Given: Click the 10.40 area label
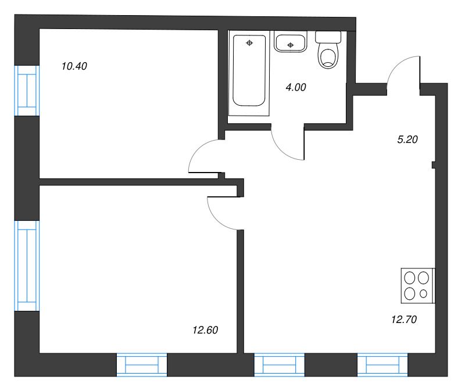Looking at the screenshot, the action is [74, 66].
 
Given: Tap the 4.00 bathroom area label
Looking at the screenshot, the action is [296, 87].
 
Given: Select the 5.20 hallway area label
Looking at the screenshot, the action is [407, 139].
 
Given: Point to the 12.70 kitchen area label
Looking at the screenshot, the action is [404, 320].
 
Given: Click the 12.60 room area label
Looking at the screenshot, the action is [205, 330].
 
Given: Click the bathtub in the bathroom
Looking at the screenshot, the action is [249, 70].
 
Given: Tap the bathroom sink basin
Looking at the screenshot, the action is [290, 43].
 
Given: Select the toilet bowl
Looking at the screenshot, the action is [328, 56].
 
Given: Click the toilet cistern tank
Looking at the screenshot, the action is [328, 37].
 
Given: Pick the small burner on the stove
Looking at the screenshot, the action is [424, 293].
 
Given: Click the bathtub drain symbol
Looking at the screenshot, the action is [249, 43].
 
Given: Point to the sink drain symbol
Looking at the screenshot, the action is [290, 45].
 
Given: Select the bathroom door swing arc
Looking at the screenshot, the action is [282, 150].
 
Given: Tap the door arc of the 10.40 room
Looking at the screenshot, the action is [198, 150].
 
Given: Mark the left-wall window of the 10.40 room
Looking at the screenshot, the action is [27, 91].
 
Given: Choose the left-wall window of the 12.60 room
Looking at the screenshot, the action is [27, 266].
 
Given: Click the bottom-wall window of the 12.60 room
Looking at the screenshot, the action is [142, 365].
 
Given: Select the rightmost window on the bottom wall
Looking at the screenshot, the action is [382, 365].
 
